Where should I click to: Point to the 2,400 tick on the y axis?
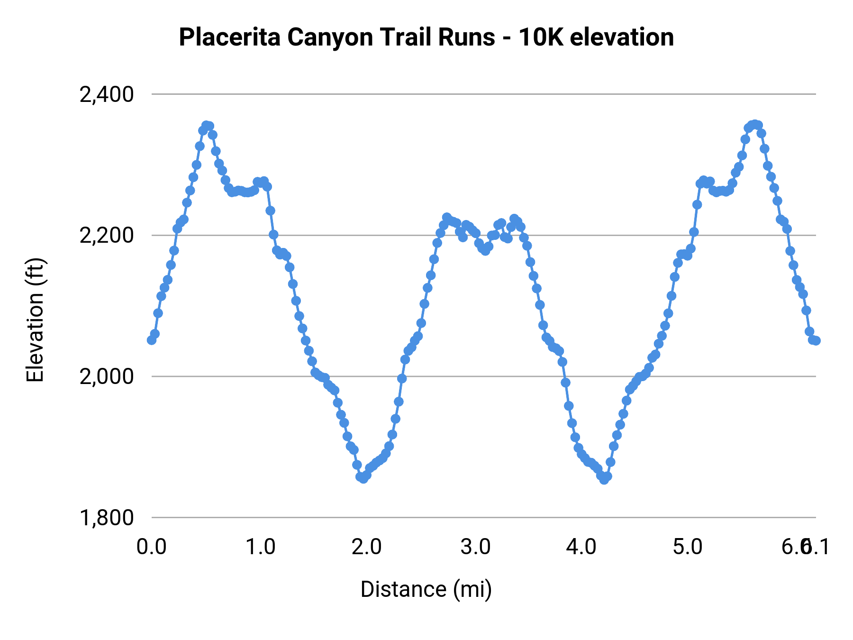pos(107,95)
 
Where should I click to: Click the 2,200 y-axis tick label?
pos(107,236)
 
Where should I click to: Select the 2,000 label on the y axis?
pos(107,377)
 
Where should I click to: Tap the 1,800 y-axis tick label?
pos(107,518)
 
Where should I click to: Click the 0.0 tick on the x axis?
pos(152,547)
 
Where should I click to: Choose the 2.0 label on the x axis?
pos(367,547)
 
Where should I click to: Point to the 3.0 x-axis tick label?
pos(475,547)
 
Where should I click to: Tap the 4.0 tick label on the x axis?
pos(581,547)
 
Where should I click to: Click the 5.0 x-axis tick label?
pos(688,547)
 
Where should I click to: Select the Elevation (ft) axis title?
pos(35,320)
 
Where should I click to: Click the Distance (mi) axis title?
pos(426,589)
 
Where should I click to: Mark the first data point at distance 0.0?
pos(152,340)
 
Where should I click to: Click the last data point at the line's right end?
pos(816,340)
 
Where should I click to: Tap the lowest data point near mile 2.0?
pos(363,479)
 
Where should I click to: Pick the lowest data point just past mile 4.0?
pos(604,480)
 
